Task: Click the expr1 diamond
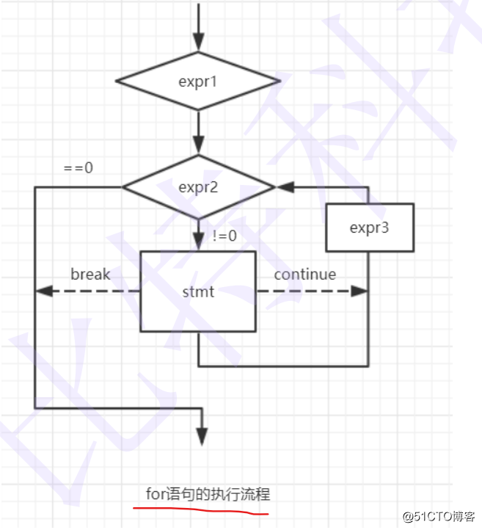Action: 198,81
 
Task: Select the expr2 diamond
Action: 198,186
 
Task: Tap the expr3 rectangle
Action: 369,228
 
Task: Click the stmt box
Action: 198,292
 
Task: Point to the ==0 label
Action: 78,167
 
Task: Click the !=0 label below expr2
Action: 224,236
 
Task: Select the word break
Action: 90,275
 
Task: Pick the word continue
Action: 305,275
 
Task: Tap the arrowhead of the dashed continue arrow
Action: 359,291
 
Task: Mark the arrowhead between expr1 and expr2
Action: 198,145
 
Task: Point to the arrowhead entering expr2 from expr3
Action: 283,187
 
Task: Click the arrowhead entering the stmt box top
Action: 198,242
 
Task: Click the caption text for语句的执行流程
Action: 208,494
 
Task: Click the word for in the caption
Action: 156,494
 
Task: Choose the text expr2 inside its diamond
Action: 198,186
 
